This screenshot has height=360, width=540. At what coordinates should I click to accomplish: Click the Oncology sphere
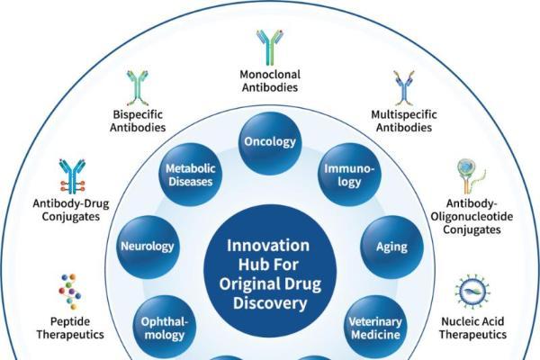[x=270, y=143]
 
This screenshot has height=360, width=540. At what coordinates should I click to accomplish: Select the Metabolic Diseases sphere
[x=191, y=175]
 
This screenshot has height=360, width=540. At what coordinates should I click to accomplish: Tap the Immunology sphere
[x=349, y=175]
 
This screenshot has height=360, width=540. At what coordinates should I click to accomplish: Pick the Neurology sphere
[x=148, y=247]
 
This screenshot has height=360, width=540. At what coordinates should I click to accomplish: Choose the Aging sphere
[x=391, y=247]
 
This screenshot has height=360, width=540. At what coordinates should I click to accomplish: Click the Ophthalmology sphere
[x=165, y=327]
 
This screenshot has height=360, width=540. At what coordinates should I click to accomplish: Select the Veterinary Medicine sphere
[x=375, y=327]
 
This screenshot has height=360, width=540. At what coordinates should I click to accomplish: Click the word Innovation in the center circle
[x=268, y=246]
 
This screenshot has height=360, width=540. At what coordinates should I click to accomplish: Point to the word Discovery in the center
[x=270, y=303]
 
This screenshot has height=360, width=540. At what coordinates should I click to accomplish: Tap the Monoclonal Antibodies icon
[x=270, y=48]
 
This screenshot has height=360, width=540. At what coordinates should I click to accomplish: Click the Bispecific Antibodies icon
[x=138, y=88]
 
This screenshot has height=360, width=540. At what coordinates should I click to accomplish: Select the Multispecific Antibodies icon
[x=404, y=88]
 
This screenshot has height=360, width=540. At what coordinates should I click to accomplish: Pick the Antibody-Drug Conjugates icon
[x=72, y=176]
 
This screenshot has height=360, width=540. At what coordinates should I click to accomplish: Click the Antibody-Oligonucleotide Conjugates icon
[x=471, y=176]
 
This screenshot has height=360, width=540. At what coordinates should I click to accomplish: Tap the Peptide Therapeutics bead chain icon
[x=70, y=292]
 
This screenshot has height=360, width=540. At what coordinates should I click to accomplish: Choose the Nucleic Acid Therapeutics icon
[x=472, y=292]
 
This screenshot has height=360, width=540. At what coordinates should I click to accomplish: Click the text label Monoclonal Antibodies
[x=270, y=81]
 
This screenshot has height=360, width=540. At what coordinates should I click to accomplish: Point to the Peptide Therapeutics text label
[x=70, y=328]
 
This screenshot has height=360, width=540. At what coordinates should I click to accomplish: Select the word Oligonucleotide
[x=472, y=217]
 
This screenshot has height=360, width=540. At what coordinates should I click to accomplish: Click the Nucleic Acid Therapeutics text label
[x=472, y=328]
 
